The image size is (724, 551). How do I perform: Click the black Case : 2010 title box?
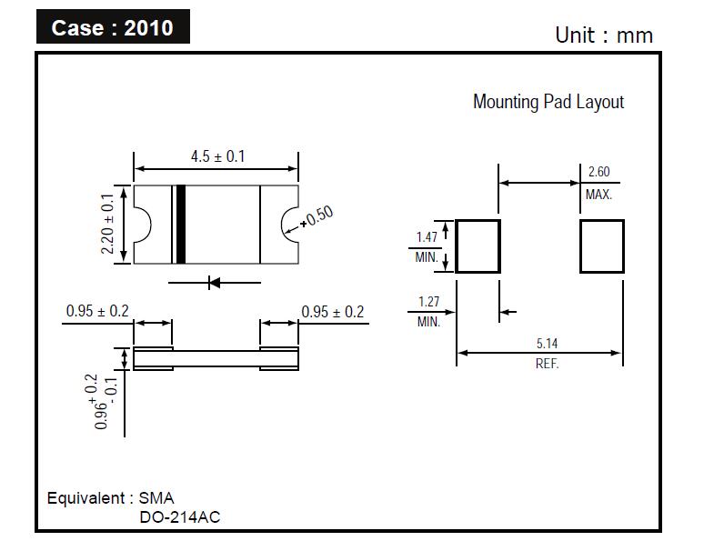tap(113, 26)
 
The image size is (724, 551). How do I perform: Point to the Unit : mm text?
tap(604, 35)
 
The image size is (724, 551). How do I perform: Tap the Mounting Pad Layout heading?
tap(548, 102)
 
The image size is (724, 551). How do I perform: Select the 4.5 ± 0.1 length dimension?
tap(218, 156)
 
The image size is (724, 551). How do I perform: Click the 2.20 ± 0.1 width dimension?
tap(107, 224)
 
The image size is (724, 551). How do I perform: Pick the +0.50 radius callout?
tap(317, 216)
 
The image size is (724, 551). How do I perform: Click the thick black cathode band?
tap(181, 225)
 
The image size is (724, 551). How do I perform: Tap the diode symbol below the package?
tap(215, 283)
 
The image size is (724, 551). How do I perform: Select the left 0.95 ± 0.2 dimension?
tap(97, 311)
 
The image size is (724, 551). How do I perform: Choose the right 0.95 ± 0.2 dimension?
tap(333, 312)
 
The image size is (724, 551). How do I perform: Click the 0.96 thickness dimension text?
tap(103, 402)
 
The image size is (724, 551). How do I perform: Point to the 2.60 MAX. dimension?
tap(598, 183)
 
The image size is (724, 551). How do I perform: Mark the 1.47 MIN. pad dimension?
tap(427, 247)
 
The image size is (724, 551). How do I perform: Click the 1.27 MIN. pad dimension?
tap(429, 312)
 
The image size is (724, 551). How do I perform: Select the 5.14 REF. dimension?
tap(548, 354)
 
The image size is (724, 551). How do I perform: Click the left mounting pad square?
tap(478, 220)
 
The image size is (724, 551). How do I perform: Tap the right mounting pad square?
tap(602, 220)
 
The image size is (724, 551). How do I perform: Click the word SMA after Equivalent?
tap(156, 498)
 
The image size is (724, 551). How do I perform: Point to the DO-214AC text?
tap(179, 517)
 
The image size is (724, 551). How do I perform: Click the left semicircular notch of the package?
tap(150, 225)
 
